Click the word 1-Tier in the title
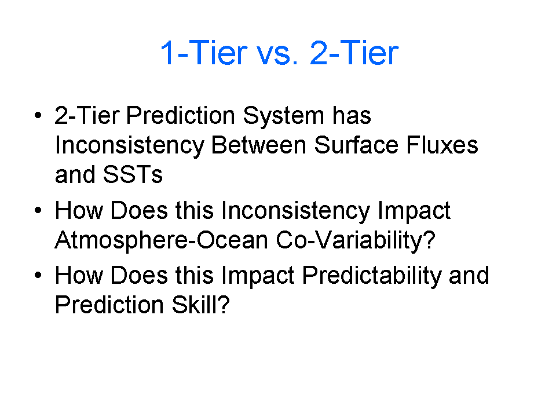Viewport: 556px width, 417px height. (204, 53)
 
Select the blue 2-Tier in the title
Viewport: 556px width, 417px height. (354, 53)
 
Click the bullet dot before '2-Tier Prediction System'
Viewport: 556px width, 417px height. (38, 115)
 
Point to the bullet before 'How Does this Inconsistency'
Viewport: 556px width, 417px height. (38, 210)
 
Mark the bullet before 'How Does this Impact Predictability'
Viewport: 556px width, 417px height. (38, 275)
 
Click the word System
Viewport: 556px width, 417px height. (283, 117)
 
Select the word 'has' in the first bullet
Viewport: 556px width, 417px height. (352, 116)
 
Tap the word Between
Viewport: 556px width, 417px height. (259, 145)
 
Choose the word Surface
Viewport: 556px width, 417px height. (356, 145)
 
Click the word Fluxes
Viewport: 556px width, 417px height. (442, 145)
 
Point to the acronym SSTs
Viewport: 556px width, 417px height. (133, 175)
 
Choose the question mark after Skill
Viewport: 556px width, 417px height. (224, 305)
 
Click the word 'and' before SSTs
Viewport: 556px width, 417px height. (75, 175)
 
